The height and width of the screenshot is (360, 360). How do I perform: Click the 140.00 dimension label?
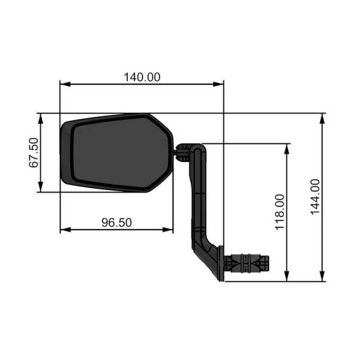(x=142, y=77)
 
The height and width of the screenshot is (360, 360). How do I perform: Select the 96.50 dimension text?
(x=116, y=223)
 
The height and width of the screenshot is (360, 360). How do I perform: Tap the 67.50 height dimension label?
(x=34, y=152)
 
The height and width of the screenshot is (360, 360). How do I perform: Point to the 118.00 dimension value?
(x=280, y=212)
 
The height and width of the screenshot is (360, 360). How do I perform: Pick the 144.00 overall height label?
(x=315, y=197)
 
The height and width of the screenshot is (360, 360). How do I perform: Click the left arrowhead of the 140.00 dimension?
(x=65, y=84)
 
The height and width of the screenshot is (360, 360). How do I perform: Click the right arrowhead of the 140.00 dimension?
(x=218, y=84)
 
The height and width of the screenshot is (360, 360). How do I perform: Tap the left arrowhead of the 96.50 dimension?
(x=65, y=229)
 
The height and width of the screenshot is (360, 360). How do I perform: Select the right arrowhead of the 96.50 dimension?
(x=168, y=229)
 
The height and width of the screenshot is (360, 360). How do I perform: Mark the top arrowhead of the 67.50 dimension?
(x=41, y=119)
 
